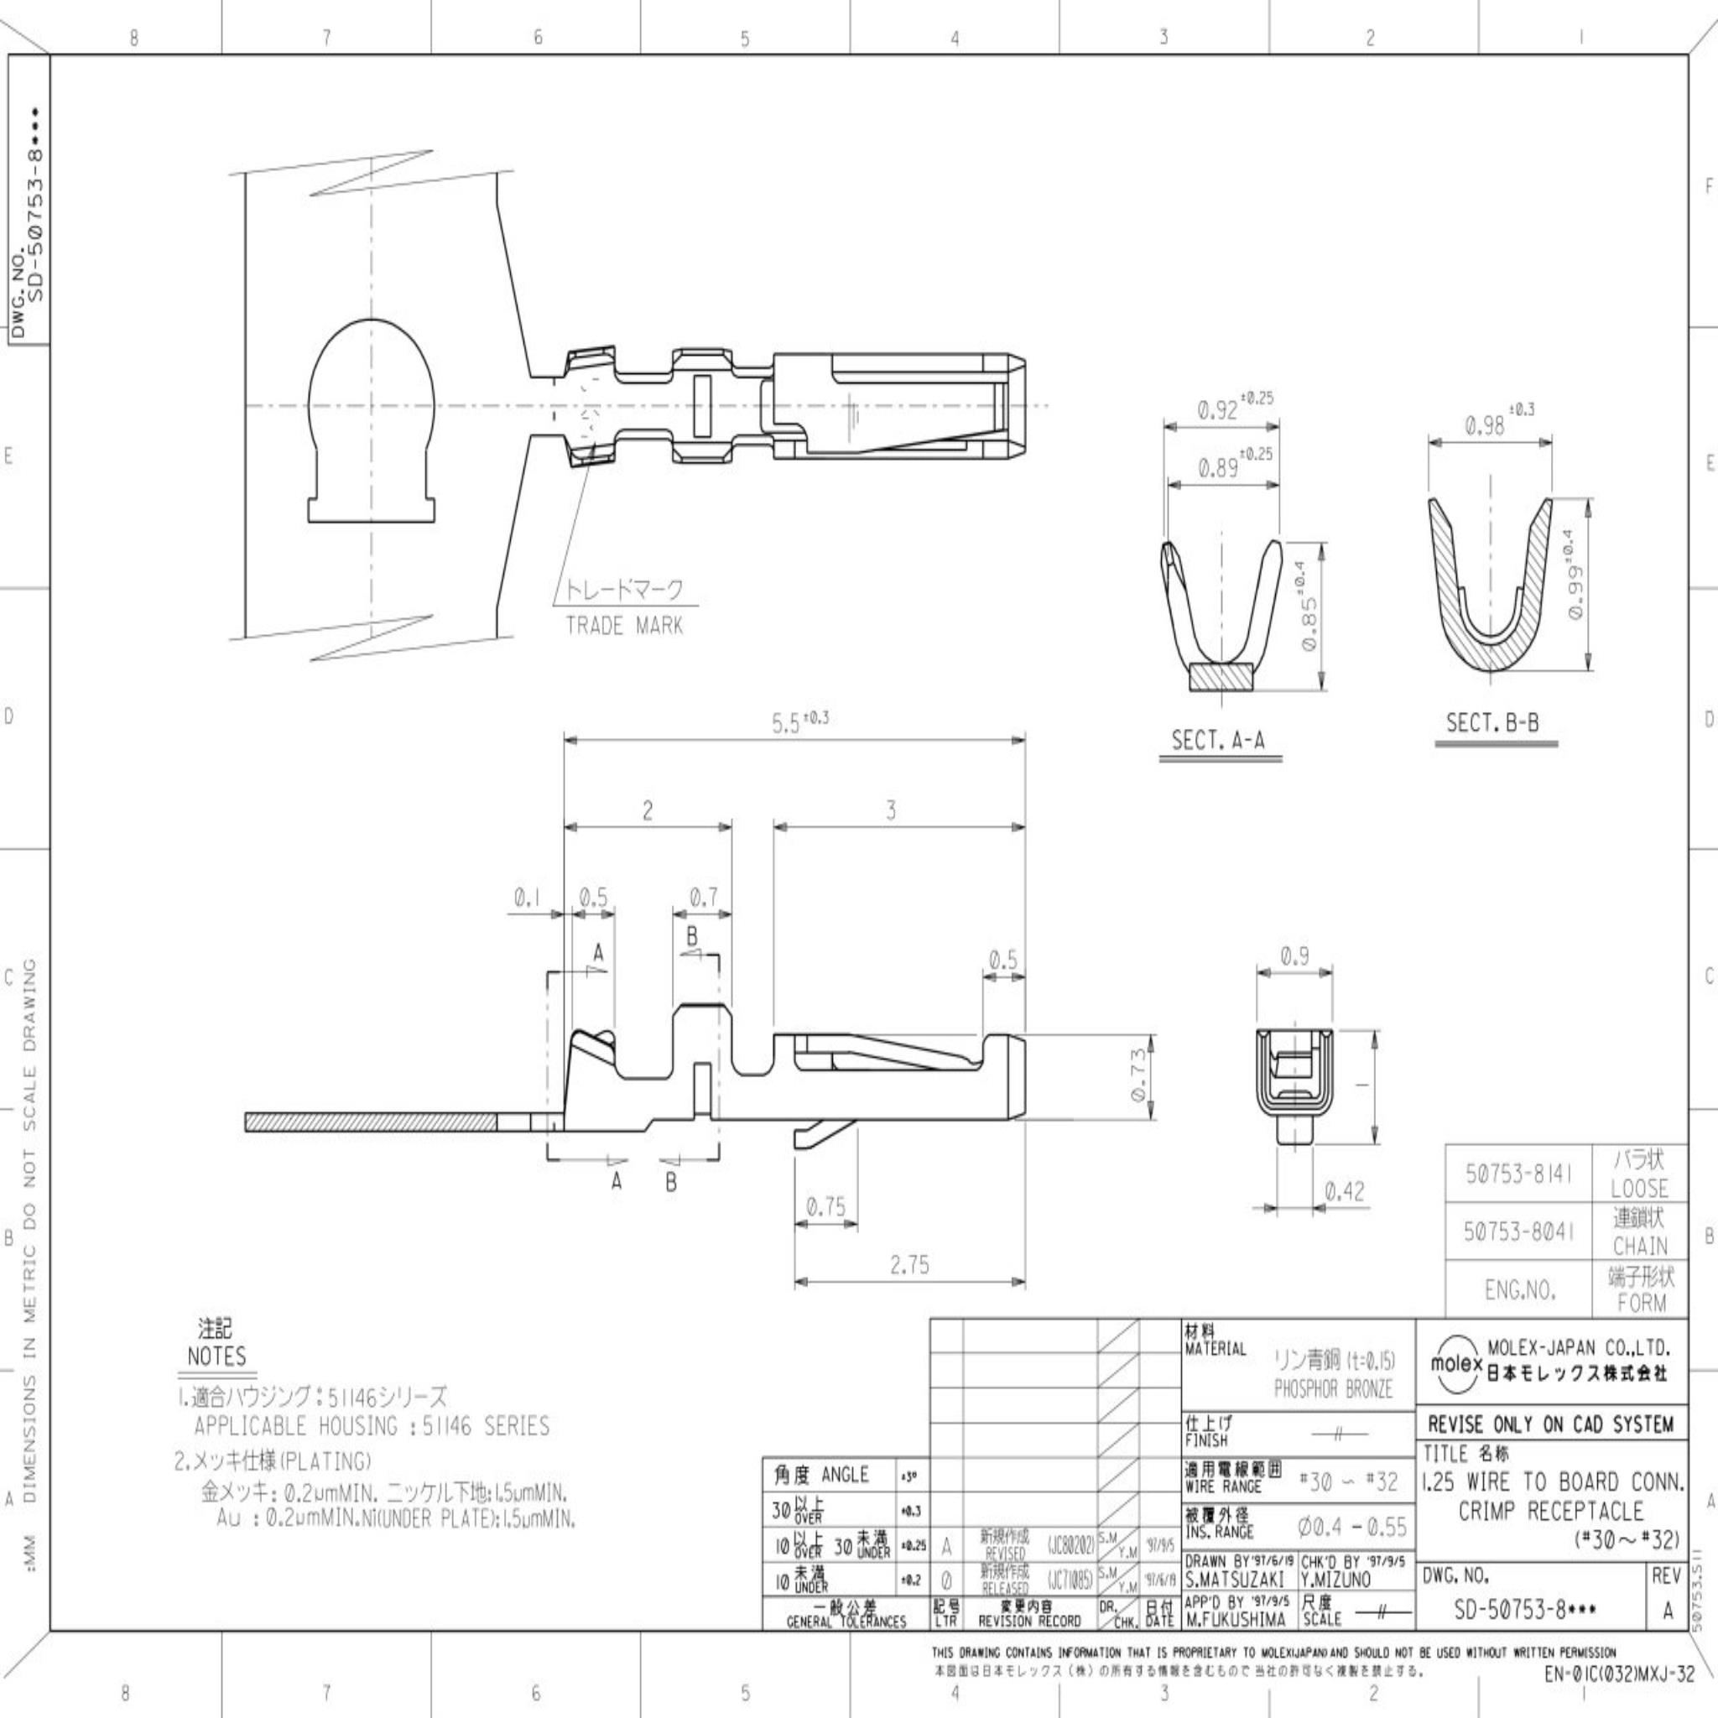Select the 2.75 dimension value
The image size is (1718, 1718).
click(x=908, y=1264)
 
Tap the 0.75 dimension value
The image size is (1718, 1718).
click(x=825, y=1206)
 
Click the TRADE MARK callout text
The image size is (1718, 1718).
click(x=624, y=625)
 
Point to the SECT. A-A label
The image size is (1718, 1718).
click(x=1217, y=741)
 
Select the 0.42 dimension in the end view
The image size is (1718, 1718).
click(x=1344, y=1190)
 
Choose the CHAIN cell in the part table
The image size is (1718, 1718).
click(x=1640, y=1246)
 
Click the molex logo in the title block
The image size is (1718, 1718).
click(x=1455, y=1363)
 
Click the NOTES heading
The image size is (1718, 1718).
click(x=216, y=1357)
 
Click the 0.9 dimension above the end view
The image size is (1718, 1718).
click(x=1294, y=956)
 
